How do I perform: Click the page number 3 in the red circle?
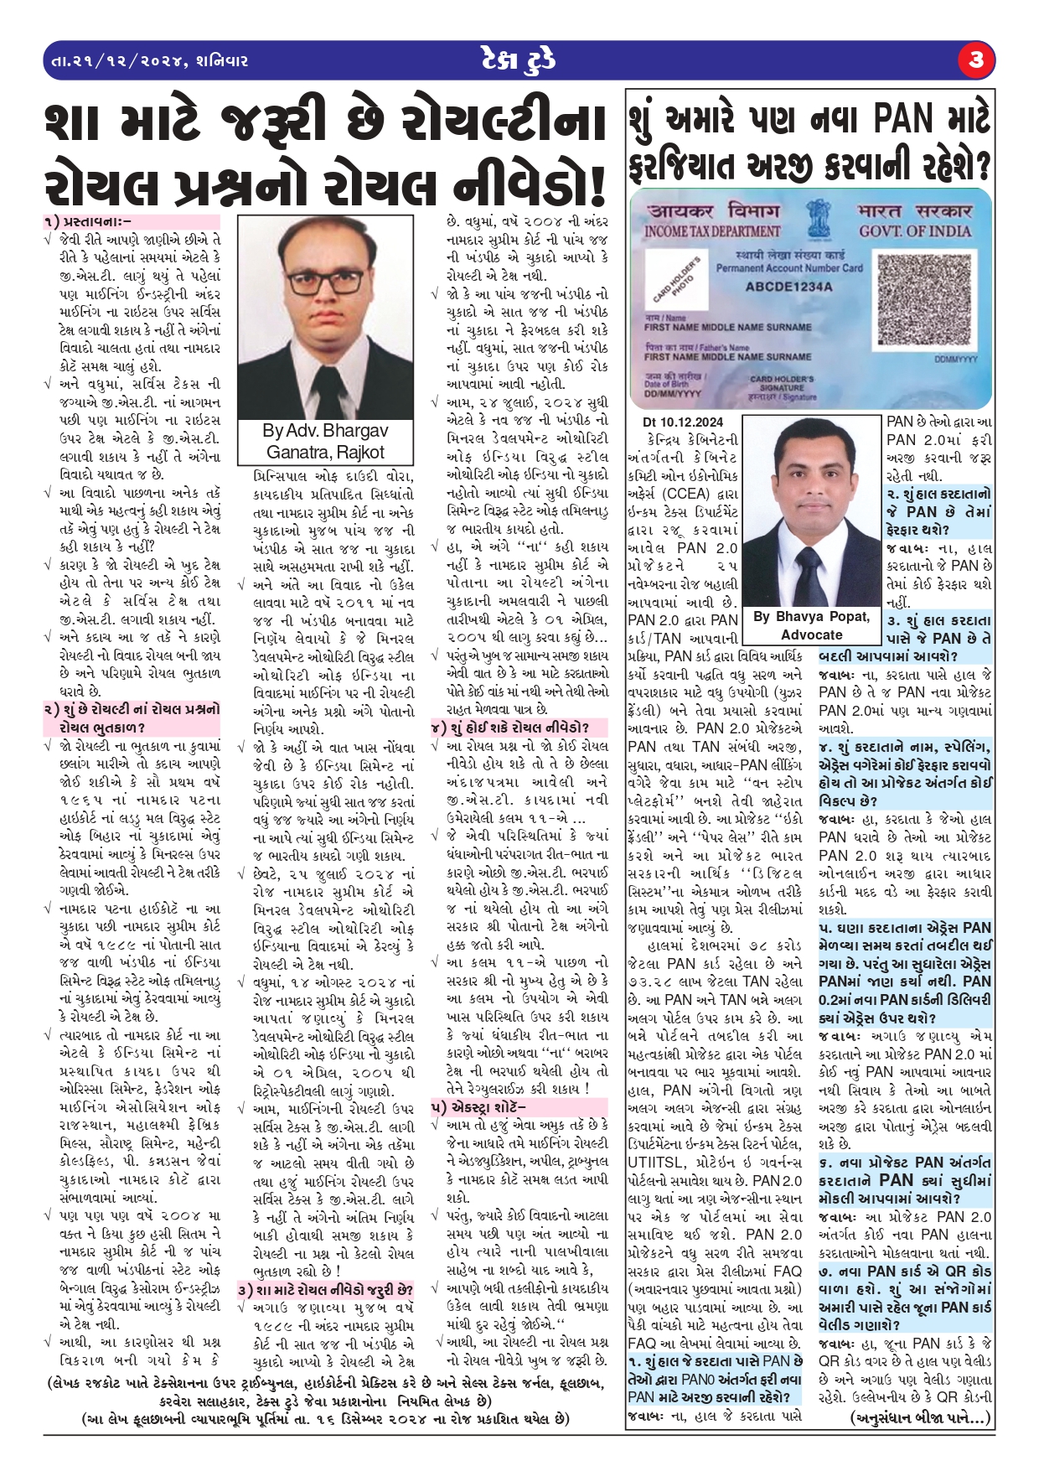pyautogui.click(x=976, y=60)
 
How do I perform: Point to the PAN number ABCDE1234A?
pyautogui.click(x=788, y=287)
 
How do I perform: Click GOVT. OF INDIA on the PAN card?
pyautogui.click(x=914, y=231)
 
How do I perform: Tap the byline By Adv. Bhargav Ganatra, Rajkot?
pyautogui.click(x=325, y=442)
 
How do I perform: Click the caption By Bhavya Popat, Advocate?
pyautogui.click(x=810, y=625)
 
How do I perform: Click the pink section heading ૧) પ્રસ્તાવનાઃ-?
pyautogui.click(x=88, y=222)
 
